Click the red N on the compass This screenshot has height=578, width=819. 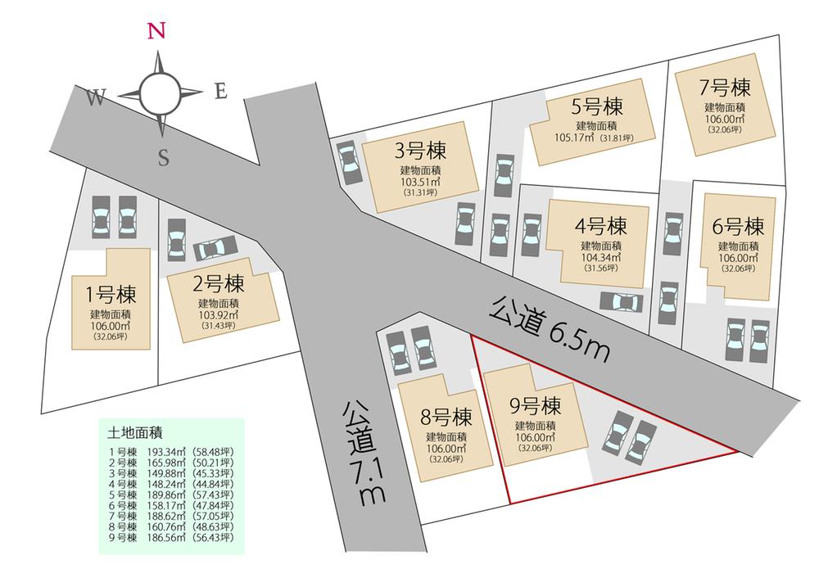(157, 31)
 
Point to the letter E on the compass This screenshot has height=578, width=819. (220, 92)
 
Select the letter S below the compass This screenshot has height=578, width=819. (163, 160)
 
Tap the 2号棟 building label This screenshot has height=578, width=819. (218, 285)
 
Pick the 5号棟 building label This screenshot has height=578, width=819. (597, 107)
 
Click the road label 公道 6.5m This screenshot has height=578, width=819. (550, 330)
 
